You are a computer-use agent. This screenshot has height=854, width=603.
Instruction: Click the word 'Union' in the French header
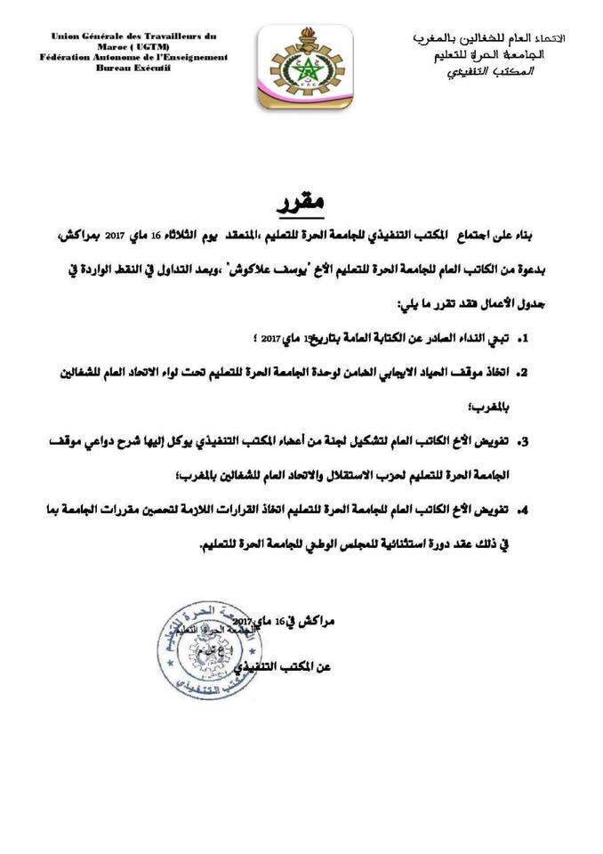tap(68, 36)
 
